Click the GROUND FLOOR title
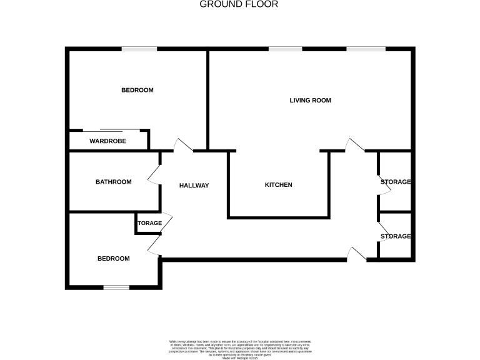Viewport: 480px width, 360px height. (x=239, y=4)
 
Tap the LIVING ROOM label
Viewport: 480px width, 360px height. (x=310, y=100)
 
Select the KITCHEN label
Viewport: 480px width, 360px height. (x=278, y=185)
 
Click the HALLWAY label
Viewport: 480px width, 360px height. (x=194, y=186)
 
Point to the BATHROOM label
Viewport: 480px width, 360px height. (x=113, y=182)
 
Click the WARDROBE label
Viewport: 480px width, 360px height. (x=107, y=141)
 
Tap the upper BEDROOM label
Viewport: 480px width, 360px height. (x=137, y=90)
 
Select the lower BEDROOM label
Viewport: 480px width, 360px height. (x=113, y=259)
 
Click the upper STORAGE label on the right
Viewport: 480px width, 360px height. (x=396, y=182)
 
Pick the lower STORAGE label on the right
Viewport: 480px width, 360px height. (x=396, y=236)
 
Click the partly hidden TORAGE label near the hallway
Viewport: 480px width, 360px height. (x=150, y=223)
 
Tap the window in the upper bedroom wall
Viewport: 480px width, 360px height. (x=139, y=49)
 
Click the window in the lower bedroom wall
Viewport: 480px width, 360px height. (x=116, y=287)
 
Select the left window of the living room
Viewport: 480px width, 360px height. (x=285, y=49)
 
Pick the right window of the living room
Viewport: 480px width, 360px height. (x=366, y=49)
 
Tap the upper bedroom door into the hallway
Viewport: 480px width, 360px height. (x=184, y=146)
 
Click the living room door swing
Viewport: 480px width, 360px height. (x=354, y=145)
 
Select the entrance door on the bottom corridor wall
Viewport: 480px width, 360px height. (x=357, y=253)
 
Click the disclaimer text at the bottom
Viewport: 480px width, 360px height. (x=240, y=348)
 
